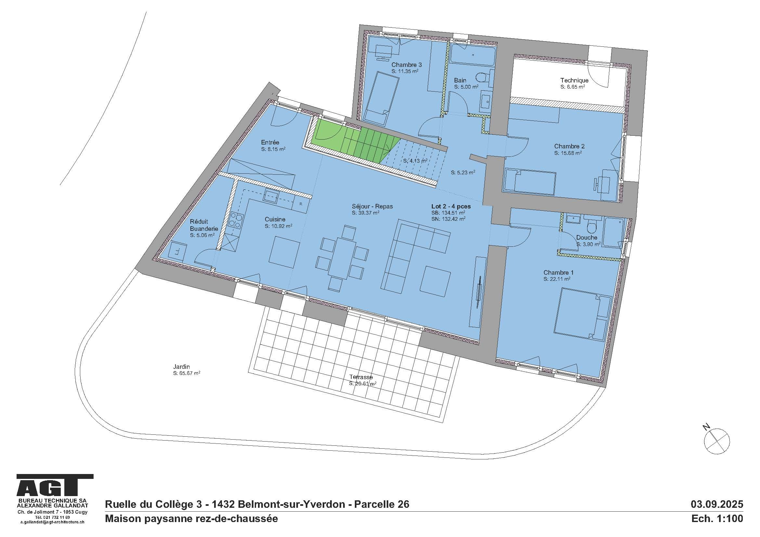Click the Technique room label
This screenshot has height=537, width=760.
574,80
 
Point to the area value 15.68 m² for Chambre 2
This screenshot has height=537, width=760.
568,153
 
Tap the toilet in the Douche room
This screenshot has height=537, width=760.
591,228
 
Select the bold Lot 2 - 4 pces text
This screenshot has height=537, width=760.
451,206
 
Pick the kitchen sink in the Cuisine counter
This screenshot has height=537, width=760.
271,196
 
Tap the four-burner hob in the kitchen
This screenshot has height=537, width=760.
236,220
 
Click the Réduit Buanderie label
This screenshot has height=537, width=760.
204,225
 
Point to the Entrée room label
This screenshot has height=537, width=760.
270,143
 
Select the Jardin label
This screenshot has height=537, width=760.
181,366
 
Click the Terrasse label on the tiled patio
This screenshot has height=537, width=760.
361,377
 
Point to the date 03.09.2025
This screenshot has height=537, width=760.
717,504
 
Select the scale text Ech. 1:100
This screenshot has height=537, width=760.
717,518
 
